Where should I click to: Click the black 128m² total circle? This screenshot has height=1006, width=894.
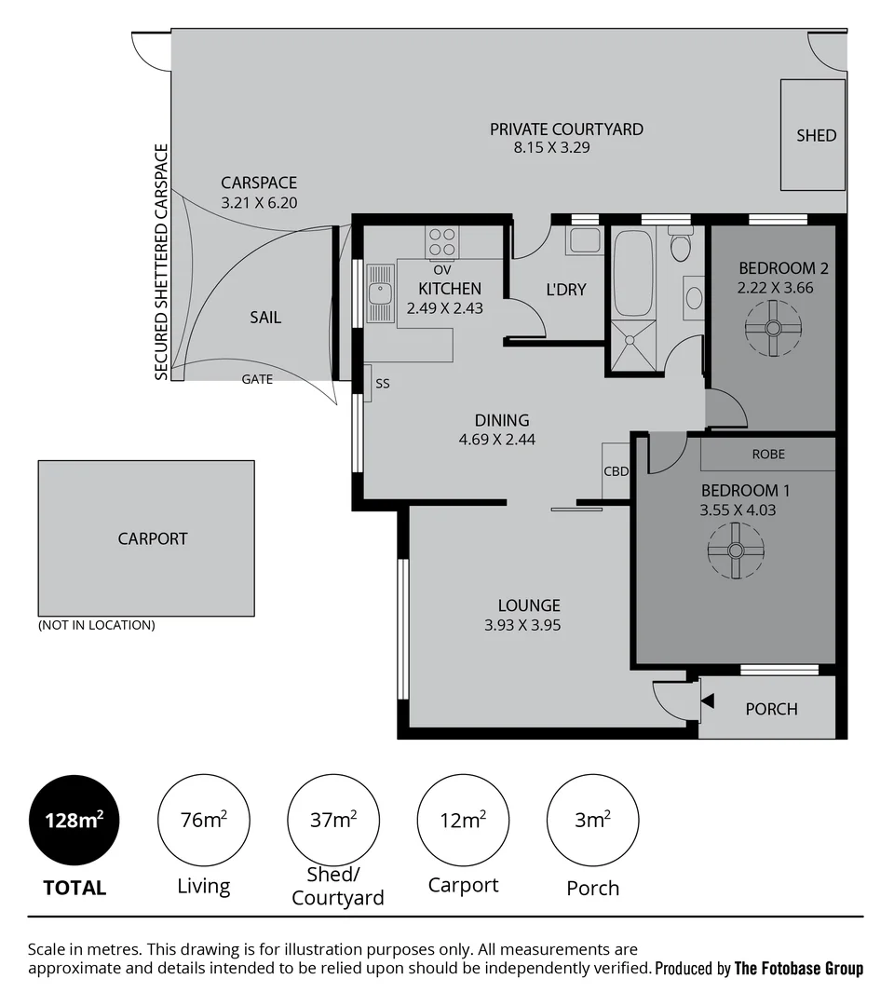coord(74,821)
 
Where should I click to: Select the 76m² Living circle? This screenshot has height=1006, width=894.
coord(203,821)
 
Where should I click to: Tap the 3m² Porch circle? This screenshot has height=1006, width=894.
coord(592,821)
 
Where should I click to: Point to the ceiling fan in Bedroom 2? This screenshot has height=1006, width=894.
coord(773,328)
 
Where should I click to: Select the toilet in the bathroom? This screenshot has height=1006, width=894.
coord(681,247)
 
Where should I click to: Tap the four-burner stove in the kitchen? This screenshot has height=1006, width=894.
coord(441,242)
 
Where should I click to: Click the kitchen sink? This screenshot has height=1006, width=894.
coord(380,292)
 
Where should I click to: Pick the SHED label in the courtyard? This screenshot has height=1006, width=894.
coord(816,135)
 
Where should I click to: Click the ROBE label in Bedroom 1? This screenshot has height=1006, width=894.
coord(768,455)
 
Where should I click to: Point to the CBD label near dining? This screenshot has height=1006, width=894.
coord(616,471)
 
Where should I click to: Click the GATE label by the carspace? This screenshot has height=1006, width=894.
coord(257,379)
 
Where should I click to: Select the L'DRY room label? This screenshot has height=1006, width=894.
coord(566,290)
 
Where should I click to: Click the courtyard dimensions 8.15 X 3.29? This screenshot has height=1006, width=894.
coord(552,147)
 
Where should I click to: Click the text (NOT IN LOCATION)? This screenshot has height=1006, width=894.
coord(96,625)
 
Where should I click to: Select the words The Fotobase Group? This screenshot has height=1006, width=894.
coord(798,969)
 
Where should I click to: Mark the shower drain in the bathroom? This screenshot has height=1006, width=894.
coord(633,341)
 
